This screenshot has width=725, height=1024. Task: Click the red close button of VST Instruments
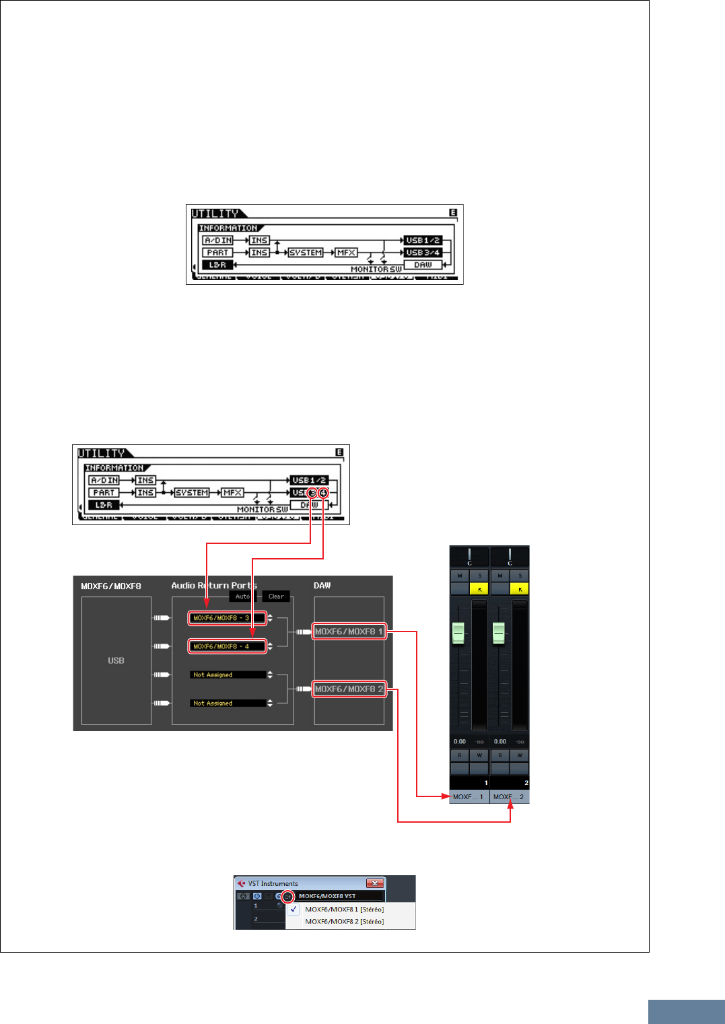[x=374, y=883]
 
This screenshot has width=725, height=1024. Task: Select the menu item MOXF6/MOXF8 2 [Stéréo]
[x=344, y=921]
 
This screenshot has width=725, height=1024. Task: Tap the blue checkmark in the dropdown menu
[x=294, y=909]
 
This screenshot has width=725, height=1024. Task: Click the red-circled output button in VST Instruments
[x=287, y=896]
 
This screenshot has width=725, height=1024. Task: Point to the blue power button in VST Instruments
[x=257, y=896]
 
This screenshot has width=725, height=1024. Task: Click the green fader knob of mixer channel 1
[x=458, y=633]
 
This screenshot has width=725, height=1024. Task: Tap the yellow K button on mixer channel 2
[x=520, y=589]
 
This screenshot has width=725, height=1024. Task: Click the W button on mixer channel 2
[x=520, y=755]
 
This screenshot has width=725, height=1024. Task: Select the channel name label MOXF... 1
[x=469, y=797]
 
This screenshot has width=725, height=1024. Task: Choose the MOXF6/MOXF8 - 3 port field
[x=227, y=618]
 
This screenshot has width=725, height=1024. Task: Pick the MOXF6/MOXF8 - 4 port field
[x=227, y=646]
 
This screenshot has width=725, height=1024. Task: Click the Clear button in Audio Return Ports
[x=276, y=596]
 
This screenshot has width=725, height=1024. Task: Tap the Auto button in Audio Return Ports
[x=242, y=596]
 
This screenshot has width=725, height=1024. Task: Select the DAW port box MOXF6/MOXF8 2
[x=349, y=689]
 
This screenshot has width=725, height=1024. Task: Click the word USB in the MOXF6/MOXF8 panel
[x=116, y=660]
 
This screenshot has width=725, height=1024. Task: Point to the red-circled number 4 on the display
[x=323, y=493]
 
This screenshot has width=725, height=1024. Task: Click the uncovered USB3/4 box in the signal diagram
[x=423, y=252]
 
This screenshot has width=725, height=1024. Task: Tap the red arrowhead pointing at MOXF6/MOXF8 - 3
[x=207, y=608]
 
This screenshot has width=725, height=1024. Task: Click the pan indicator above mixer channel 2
[x=510, y=557]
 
